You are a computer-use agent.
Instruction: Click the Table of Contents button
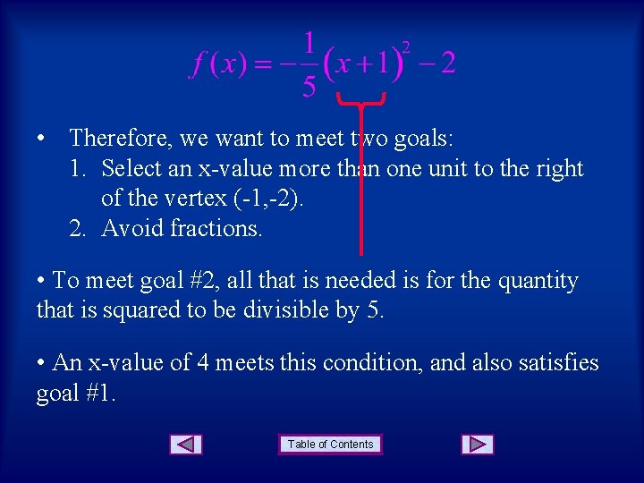(x=330, y=445)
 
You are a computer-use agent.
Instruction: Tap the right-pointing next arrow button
(x=478, y=445)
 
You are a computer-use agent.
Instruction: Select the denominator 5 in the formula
(x=309, y=87)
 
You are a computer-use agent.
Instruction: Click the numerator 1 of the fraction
(x=309, y=43)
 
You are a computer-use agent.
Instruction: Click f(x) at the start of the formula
(x=217, y=64)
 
